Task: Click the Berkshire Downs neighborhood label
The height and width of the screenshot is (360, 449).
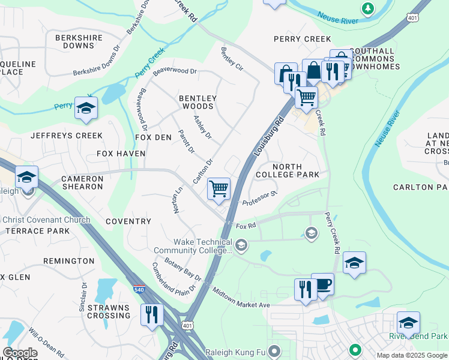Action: tap(79, 41)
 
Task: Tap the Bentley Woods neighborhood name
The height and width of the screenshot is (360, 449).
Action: tap(197, 102)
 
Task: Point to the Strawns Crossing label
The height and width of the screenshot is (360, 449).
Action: tap(108, 311)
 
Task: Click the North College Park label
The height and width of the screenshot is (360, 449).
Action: tap(295, 170)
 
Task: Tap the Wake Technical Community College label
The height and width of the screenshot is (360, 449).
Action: tap(192, 246)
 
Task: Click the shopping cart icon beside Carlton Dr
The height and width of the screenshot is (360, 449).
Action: tap(219, 188)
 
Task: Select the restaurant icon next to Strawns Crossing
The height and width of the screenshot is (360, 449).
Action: tap(151, 314)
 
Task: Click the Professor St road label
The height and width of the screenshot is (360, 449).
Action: tap(259, 199)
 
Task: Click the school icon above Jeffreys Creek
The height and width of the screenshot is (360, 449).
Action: tap(86, 108)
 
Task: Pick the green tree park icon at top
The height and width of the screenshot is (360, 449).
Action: tap(367, 9)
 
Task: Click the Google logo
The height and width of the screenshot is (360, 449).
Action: tap(20, 353)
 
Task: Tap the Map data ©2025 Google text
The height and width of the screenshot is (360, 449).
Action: tap(411, 355)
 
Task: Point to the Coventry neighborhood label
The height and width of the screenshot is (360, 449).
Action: tap(128, 221)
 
